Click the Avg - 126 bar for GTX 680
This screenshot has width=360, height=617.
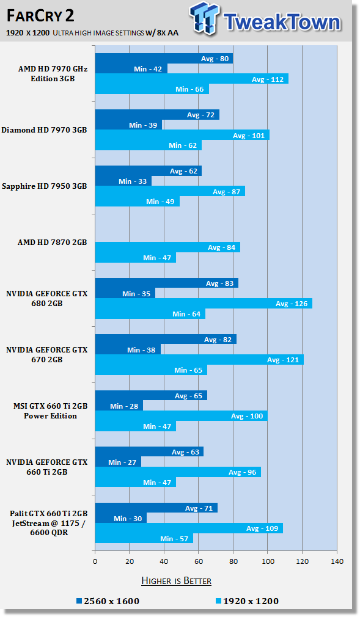204,304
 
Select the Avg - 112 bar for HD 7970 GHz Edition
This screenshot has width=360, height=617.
192,79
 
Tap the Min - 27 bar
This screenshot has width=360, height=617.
118,462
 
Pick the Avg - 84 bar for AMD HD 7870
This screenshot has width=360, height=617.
168,247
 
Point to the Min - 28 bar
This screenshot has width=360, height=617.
119,406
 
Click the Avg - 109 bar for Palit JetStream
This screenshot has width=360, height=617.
189,528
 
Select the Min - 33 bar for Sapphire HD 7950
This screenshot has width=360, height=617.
123,181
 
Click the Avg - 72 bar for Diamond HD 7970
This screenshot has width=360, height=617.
157,114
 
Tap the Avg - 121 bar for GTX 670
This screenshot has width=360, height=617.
199,360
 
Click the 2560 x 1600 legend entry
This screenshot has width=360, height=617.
108,601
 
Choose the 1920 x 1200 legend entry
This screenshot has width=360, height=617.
248,601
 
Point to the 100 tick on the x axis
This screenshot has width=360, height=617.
268,561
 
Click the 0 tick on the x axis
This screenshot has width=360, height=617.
95,561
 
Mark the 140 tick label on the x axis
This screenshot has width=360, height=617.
337,561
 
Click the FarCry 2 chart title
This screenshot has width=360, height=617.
40,16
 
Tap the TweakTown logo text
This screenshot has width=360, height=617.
282,21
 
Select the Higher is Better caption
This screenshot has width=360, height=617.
177,581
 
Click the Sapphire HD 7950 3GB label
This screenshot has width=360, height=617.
44,186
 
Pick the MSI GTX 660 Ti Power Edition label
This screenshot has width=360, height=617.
50,411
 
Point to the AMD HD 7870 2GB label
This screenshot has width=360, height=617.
53,243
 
